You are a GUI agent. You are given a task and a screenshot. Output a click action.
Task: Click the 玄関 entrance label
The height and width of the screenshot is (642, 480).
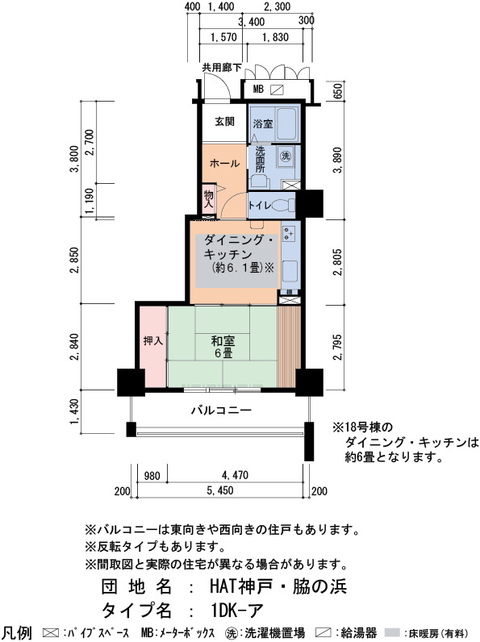(x=224, y=122)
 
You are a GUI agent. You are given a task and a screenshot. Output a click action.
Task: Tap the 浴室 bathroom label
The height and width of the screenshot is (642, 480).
(x=262, y=123)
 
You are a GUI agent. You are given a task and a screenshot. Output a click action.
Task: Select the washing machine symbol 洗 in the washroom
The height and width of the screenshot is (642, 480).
(x=285, y=156)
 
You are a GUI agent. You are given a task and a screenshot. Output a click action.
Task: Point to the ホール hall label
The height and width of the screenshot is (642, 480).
(x=224, y=164)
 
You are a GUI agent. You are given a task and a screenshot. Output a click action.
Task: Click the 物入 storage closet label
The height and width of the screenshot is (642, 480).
(x=208, y=199)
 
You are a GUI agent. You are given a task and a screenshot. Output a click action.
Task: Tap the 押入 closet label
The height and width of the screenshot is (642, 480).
(x=153, y=340)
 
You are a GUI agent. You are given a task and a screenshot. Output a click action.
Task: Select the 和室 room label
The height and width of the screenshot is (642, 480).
(x=223, y=340)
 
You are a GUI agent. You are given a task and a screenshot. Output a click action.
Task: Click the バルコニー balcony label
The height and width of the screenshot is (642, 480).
(x=221, y=410)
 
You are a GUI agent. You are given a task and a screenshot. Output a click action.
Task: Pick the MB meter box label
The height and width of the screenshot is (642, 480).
(x=258, y=89)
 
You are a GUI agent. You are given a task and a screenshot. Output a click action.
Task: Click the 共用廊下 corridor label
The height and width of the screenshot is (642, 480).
(x=222, y=68)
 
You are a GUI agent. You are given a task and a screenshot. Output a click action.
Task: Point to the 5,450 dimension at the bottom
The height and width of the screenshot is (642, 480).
(x=220, y=490)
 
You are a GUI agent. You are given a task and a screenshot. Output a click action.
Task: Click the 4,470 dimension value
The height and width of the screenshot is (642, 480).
(x=235, y=475)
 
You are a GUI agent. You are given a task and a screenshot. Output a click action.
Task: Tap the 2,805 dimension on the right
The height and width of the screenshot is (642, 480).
(x=337, y=261)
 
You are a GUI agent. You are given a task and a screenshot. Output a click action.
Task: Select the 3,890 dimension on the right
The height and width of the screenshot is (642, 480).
(x=337, y=160)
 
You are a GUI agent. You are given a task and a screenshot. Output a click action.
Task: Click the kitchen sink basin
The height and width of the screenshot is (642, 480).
(x=290, y=271)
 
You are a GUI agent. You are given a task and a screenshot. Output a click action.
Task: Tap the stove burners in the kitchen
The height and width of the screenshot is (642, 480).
(x=289, y=234)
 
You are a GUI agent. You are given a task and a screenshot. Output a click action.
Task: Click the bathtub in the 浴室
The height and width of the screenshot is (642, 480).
(x=286, y=123)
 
